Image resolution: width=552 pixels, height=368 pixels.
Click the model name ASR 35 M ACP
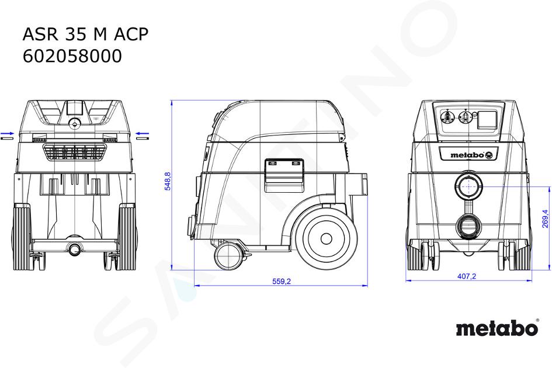pos(85,34)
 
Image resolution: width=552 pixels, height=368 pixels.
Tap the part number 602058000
pos(72,56)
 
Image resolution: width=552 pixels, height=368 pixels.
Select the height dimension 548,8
pos(168,181)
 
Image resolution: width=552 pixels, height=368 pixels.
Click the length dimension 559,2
pos(282,282)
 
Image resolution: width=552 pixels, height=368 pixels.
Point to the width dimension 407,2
pos(467,276)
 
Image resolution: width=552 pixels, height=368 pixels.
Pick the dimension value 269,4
pos(545,218)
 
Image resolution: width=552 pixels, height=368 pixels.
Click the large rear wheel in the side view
pos(326,239)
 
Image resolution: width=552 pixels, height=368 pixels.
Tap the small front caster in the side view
pos(227,256)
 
